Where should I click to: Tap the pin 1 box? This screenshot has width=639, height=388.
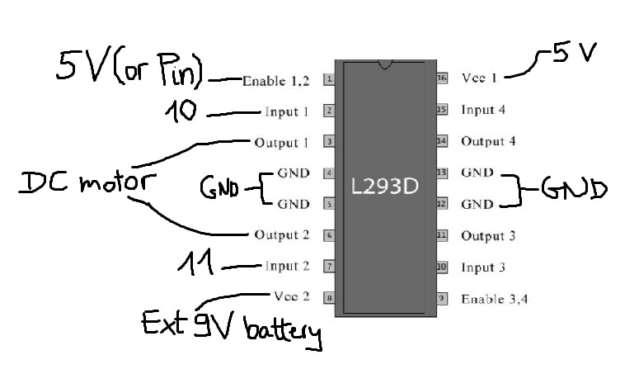coord(328,80)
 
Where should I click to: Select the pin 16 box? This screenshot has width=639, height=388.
coord(442,78)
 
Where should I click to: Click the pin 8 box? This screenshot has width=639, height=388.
coord(329,298)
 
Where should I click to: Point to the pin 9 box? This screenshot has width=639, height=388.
coord(442,298)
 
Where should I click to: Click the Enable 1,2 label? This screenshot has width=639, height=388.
coord(275,81)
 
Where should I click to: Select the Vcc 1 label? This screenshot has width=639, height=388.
coord(479,78)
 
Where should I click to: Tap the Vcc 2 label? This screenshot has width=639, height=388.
coord(291,296)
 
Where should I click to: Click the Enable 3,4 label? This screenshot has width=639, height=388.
coord(494,299)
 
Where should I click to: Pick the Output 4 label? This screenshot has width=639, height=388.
coord(488,141)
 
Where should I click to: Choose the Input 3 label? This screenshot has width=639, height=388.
coord(483,267)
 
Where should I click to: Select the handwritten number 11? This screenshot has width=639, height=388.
coord(196,265)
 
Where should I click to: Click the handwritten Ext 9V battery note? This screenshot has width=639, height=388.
coord(231,326)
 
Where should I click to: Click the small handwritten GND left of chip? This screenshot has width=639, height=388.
coord(220,189)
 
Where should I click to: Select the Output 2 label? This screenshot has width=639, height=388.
coord(282,235)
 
